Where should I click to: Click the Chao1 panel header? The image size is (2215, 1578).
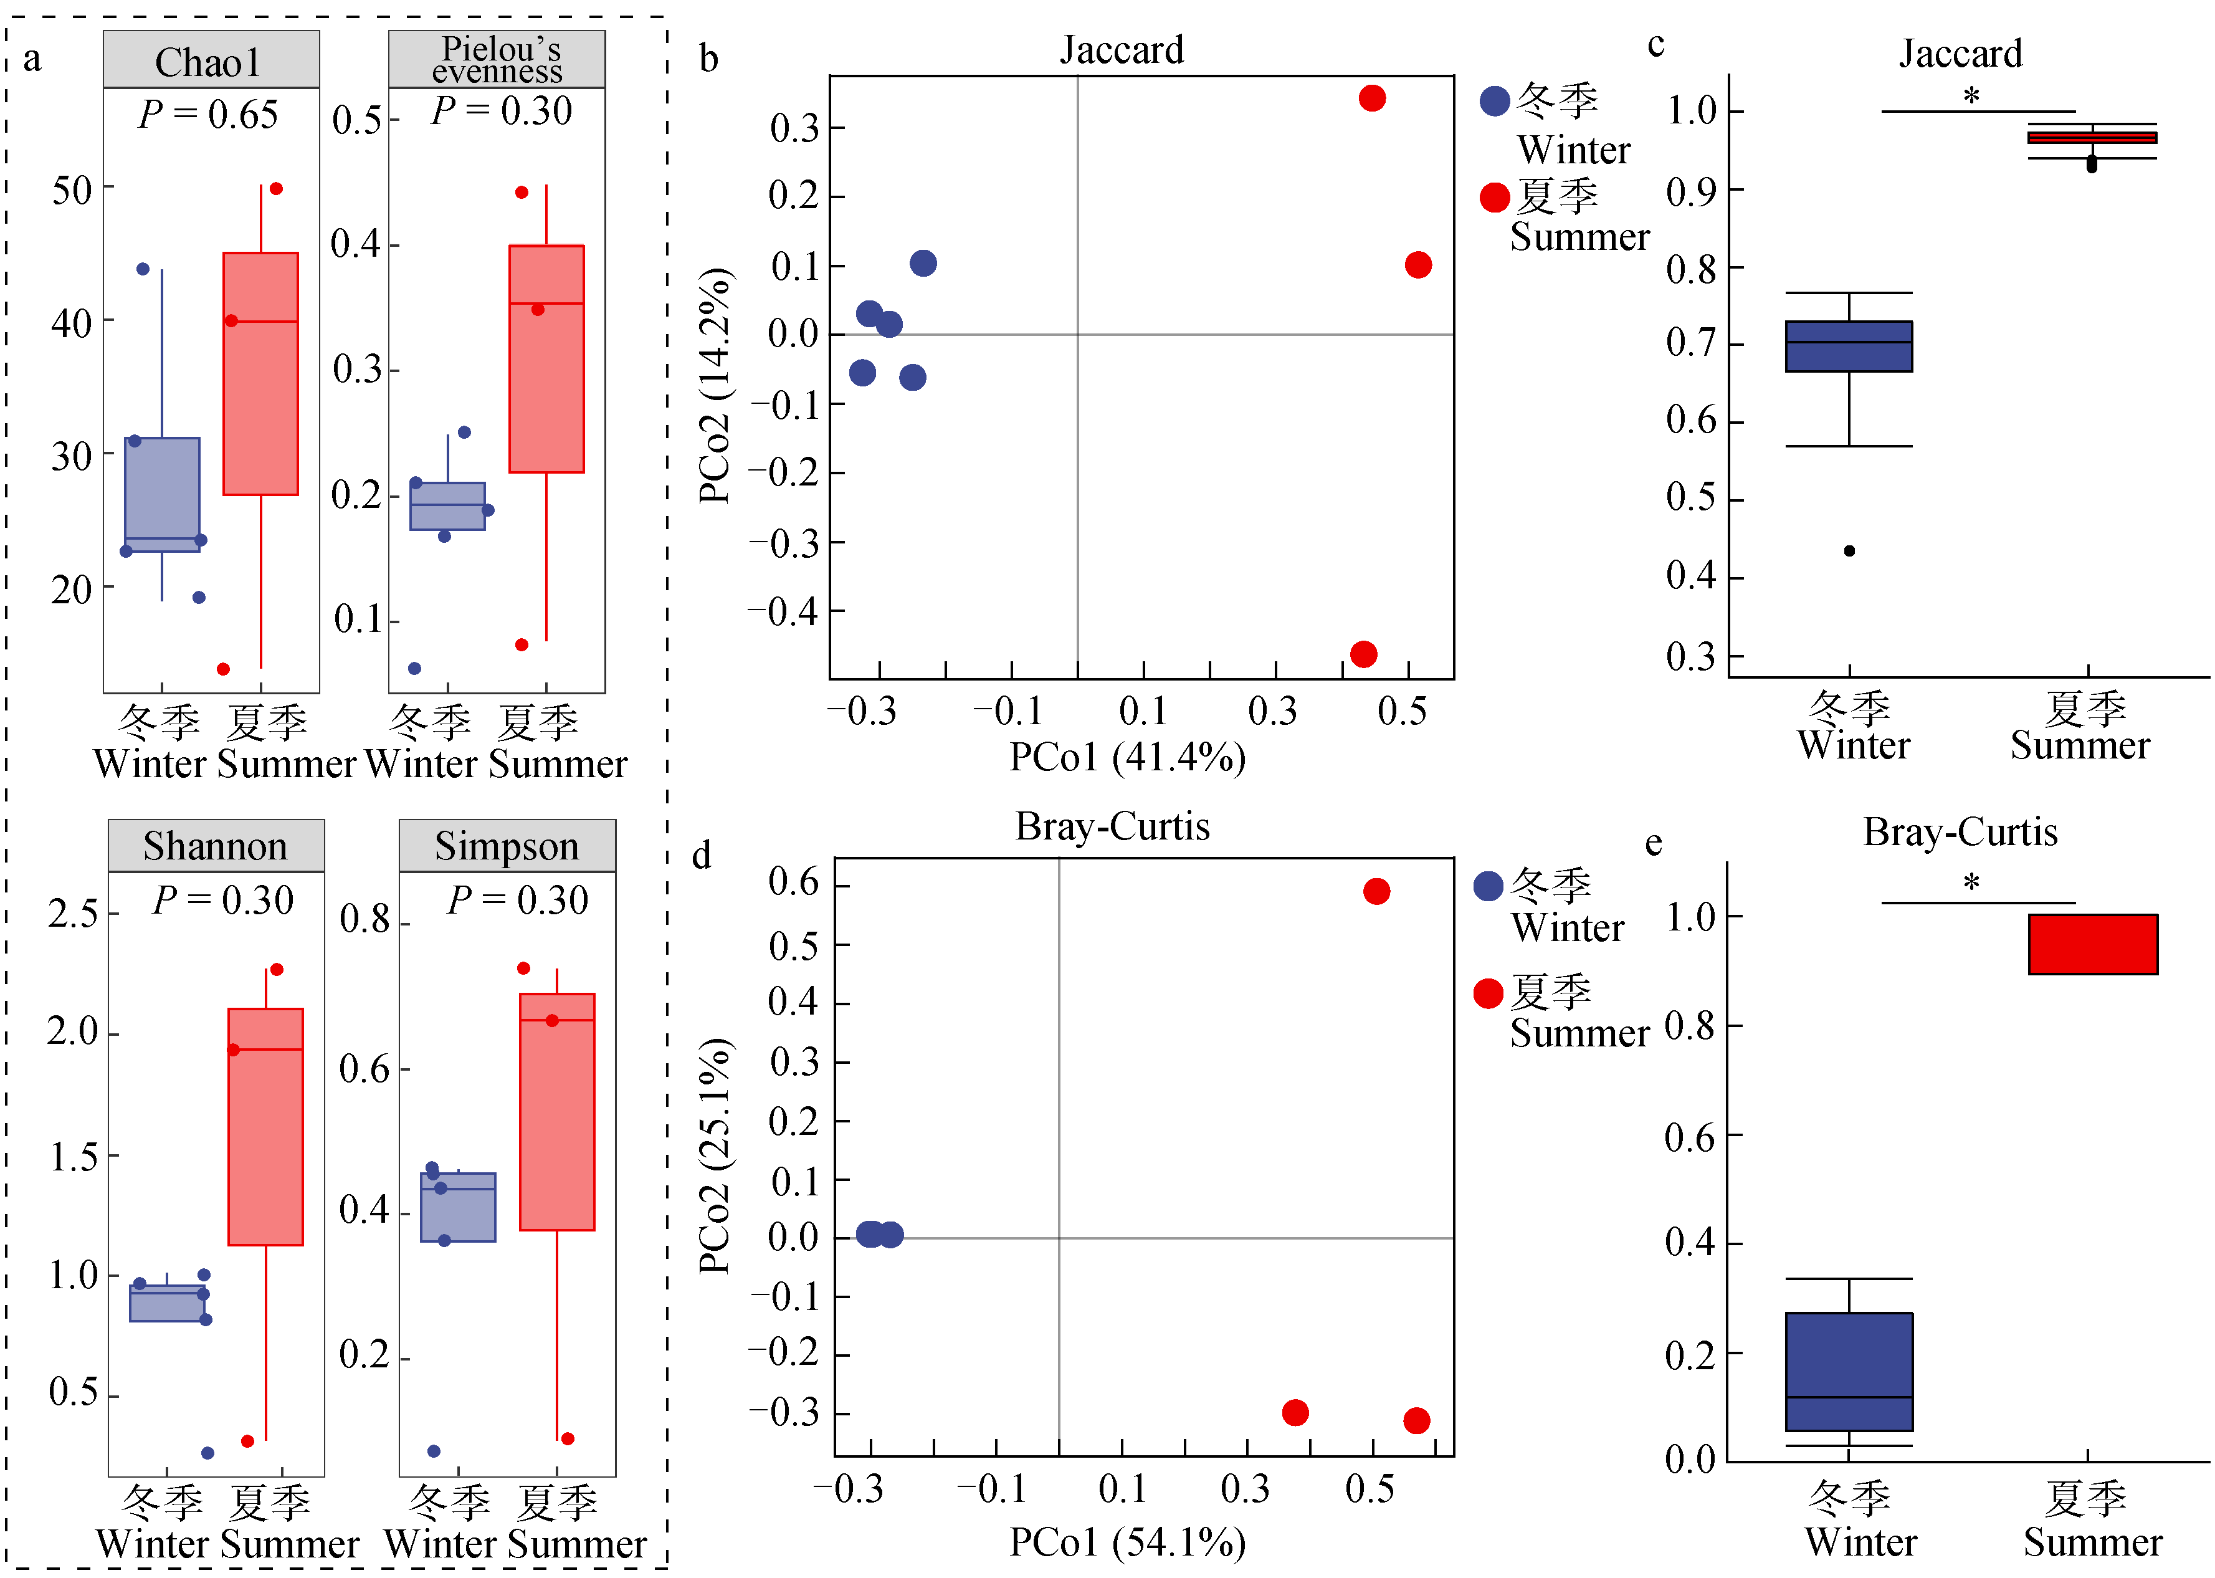point(210,61)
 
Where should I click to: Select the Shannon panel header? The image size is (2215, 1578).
point(215,845)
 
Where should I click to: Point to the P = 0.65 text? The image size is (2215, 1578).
point(208,115)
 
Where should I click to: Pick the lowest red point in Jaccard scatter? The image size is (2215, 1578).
point(1363,654)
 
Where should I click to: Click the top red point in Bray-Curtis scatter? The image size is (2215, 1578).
point(1376,891)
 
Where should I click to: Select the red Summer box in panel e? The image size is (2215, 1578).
point(2093,944)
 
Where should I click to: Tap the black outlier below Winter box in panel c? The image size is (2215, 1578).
point(1849,551)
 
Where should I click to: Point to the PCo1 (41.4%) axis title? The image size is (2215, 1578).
point(1127,758)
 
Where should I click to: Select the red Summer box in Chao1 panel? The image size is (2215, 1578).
point(260,374)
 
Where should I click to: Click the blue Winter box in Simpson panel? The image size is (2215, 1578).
point(457,1207)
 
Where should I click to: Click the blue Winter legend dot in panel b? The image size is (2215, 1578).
point(1494,100)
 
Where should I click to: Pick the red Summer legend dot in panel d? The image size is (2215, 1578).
point(1487,993)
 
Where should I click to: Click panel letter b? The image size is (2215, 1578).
point(709,59)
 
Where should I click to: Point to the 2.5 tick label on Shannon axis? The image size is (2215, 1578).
point(73,914)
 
